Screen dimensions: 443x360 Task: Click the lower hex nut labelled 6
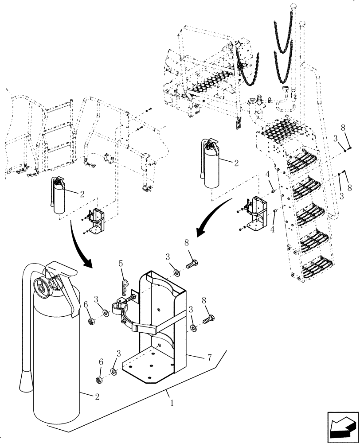click(100, 380)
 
